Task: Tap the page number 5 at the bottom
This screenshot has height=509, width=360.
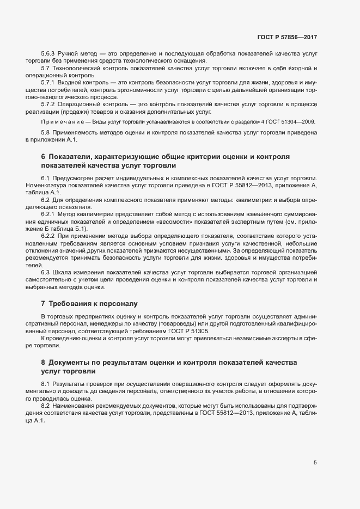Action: [315, 463]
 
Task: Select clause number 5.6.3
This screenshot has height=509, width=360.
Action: [49, 54]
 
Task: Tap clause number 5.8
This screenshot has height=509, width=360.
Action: [47, 133]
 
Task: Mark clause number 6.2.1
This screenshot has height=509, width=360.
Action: [49, 213]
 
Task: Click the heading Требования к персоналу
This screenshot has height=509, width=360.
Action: [93, 302]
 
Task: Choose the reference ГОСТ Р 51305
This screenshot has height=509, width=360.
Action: [191, 331]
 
